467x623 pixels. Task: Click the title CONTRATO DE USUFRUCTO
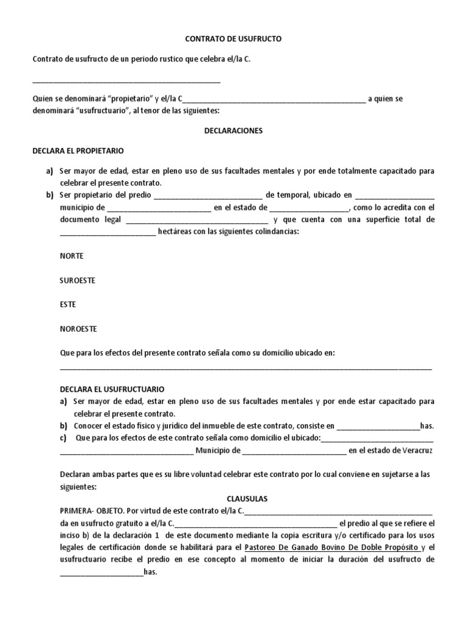click(x=233, y=39)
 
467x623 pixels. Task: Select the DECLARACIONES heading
click(x=233, y=131)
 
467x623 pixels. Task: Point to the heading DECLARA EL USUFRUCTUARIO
click(x=112, y=389)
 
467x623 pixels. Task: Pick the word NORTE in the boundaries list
click(x=71, y=256)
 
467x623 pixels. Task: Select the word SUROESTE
click(x=77, y=280)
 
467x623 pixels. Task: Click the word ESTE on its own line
click(x=67, y=304)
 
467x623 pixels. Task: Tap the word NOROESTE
click(x=78, y=329)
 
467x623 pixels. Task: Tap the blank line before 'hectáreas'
click(x=108, y=234)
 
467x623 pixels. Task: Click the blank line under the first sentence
click(x=126, y=81)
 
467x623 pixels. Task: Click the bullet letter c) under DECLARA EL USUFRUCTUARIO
click(x=63, y=438)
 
